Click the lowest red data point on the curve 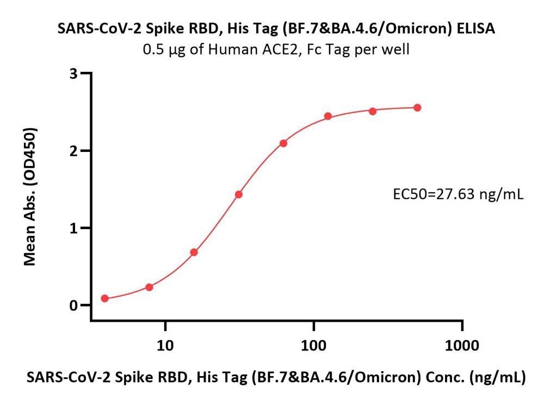click(x=105, y=298)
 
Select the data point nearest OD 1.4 click(x=238, y=194)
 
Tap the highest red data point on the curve click(x=417, y=108)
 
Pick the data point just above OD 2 click(x=283, y=143)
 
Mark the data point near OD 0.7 click(x=194, y=252)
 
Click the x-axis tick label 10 click(x=165, y=345)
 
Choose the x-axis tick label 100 click(x=313, y=345)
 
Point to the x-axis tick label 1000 click(x=462, y=345)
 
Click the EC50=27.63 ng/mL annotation click(x=458, y=194)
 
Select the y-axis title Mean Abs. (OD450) click(x=30, y=197)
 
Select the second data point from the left click(x=149, y=287)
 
